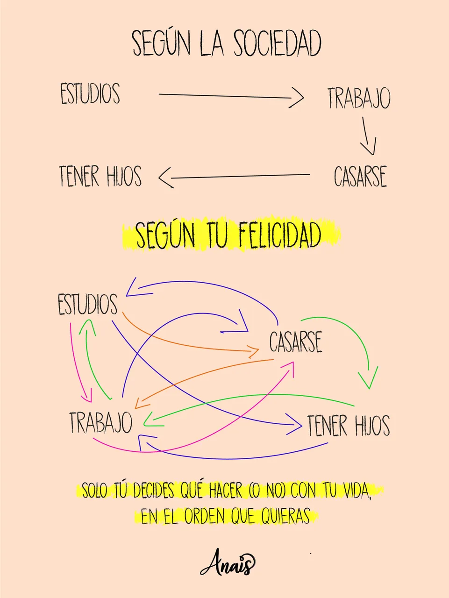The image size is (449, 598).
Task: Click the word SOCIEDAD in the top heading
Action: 278,43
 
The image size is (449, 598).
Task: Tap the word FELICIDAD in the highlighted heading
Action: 280,235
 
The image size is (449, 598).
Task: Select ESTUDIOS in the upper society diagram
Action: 90,93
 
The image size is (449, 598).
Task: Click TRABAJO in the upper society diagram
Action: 359,98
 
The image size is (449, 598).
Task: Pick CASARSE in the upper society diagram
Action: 360,176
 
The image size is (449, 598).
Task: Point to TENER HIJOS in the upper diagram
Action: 100,176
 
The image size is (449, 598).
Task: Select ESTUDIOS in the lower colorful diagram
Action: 88,304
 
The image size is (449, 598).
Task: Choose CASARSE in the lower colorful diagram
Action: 296,342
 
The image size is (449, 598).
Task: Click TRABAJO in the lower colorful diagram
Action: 101,422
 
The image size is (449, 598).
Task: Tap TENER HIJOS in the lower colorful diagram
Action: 349,425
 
